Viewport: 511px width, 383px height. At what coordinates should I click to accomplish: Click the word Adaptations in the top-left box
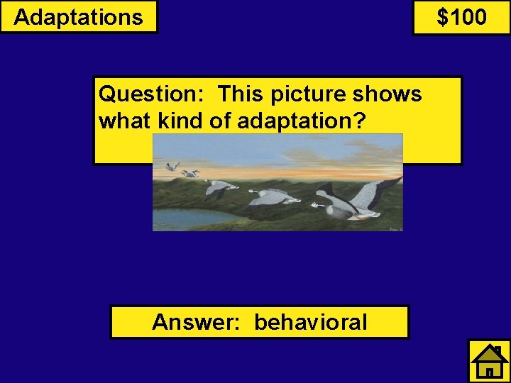coord(78,17)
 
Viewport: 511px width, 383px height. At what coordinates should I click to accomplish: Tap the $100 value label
coord(461,17)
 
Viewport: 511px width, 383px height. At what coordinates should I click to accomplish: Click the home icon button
coord(489,362)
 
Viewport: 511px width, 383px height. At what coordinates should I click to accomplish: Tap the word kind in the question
coord(180,121)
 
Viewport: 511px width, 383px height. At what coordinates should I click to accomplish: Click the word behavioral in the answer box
coord(311,323)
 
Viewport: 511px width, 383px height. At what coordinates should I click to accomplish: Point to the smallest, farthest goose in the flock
coord(172,166)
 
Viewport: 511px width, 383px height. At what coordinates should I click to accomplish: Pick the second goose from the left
coord(189,173)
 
